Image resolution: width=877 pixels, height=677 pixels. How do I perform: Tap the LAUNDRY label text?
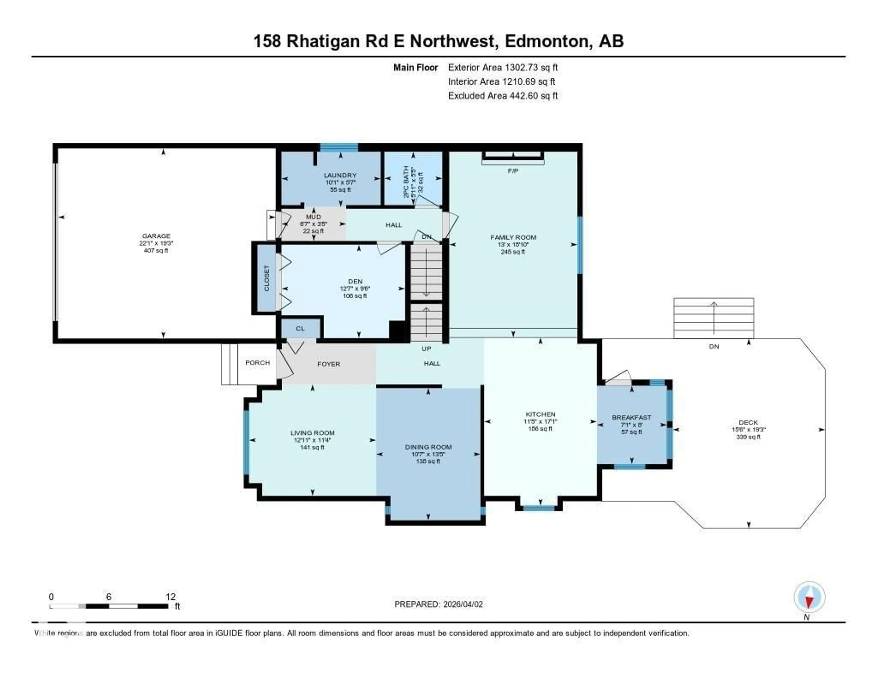(340, 175)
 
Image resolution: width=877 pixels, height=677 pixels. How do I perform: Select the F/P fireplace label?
(513, 171)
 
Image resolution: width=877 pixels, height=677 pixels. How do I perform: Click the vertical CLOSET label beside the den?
(267, 278)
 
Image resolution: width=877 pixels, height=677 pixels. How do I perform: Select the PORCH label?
(257, 363)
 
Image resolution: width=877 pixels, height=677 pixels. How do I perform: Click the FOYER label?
(328, 364)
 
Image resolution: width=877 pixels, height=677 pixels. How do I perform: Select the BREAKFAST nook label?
(631, 417)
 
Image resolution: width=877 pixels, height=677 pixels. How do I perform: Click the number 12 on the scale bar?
(170, 597)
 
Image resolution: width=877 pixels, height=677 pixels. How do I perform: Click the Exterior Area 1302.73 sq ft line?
(503, 67)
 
